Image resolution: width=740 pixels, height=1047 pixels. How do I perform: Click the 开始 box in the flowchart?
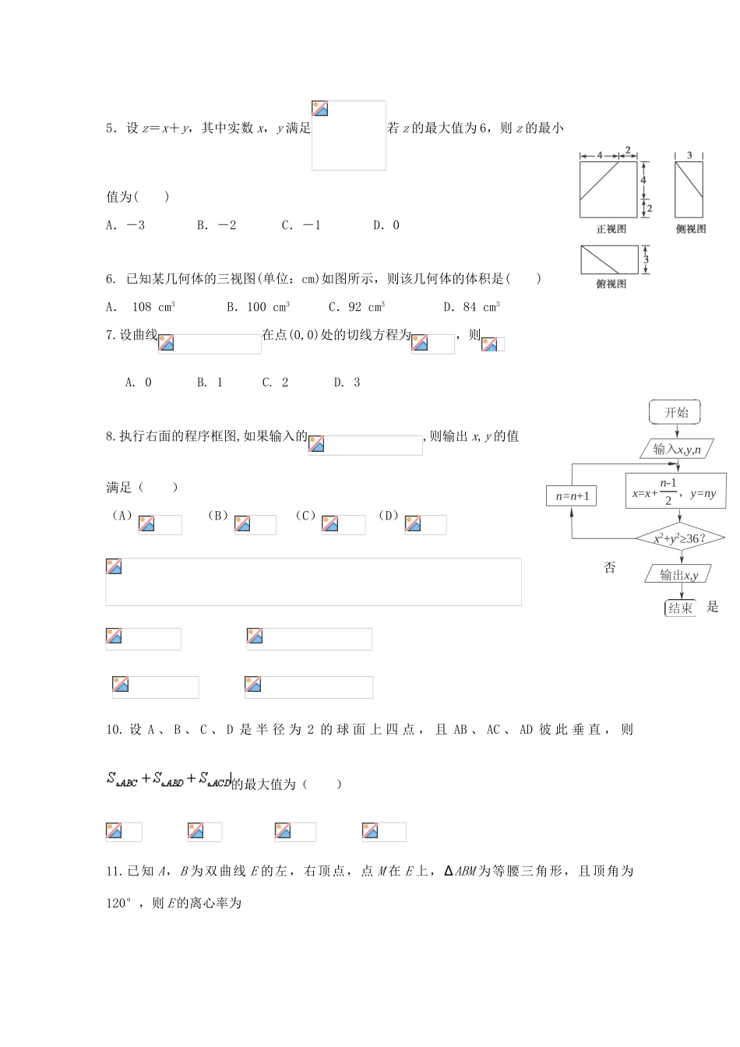675,412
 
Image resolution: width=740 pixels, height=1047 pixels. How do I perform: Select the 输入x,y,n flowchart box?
676,449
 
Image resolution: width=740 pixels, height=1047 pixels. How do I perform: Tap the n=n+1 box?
572,496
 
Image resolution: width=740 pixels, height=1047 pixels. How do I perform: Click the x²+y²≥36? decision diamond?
680,538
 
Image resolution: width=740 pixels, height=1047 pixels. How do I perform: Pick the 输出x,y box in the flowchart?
678,575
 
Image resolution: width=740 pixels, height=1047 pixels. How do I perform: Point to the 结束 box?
680,608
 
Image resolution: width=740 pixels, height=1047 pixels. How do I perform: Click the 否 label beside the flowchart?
610,568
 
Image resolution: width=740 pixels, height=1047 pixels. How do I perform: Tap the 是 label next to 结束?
712,607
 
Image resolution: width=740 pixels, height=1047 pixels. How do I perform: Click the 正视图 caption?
611,229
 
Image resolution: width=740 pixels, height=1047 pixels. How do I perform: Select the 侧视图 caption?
691,229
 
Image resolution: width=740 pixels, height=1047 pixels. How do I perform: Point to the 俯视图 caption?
611,284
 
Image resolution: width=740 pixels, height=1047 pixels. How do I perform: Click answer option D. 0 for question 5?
386,225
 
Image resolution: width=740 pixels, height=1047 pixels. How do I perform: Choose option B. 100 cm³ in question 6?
258,307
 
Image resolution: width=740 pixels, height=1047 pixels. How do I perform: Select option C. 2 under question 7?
275,382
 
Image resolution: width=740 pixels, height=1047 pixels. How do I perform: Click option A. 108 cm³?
140,307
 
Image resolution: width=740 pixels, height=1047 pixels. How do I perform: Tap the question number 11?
114,871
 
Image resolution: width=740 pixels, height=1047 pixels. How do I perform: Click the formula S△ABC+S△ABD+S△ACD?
169,779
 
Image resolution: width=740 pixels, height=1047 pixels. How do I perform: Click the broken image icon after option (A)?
146,524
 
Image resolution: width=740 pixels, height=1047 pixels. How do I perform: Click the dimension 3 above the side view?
689,156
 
